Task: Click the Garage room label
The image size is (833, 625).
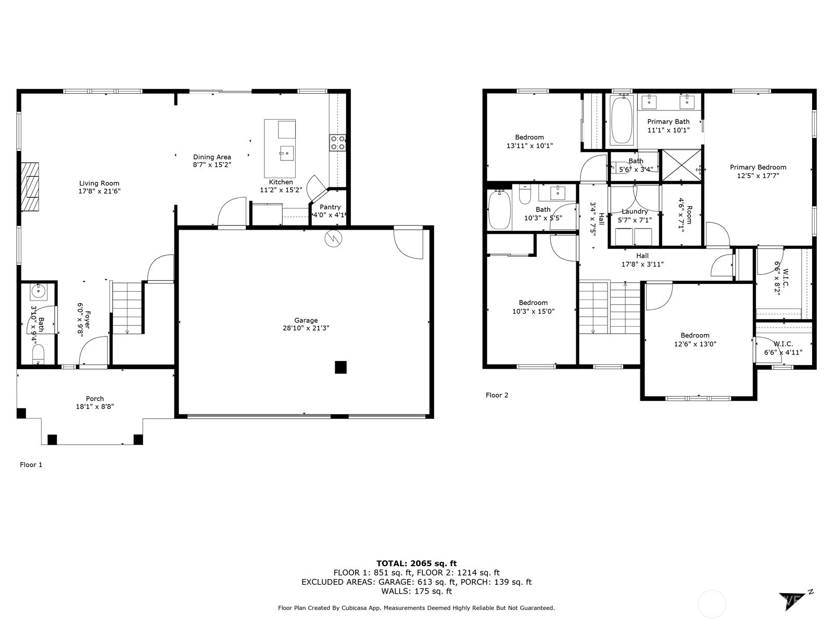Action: click(306, 320)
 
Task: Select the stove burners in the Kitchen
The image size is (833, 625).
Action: click(337, 143)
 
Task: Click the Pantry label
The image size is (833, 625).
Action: click(330, 207)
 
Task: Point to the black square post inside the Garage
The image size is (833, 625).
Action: click(340, 367)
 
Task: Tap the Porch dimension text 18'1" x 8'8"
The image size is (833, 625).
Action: click(95, 407)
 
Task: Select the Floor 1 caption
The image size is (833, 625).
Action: click(31, 465)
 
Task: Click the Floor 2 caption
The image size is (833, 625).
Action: click(497, 395)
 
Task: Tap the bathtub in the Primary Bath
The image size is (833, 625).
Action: click(621, 120)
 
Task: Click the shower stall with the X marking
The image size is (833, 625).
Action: click(681, 166)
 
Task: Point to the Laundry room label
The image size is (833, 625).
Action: click(635, 211)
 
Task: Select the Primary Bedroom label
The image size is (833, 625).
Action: click(758, 167)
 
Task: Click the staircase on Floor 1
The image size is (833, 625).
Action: click(128, 307)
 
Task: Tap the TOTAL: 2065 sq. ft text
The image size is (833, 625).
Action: click(416, 563)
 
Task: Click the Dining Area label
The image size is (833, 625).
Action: click(212, 157)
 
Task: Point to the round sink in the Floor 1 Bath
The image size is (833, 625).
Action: click(39, 292)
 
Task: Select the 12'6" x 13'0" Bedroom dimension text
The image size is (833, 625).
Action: click(695, 344)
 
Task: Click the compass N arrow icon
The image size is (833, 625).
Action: click(797, 599)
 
